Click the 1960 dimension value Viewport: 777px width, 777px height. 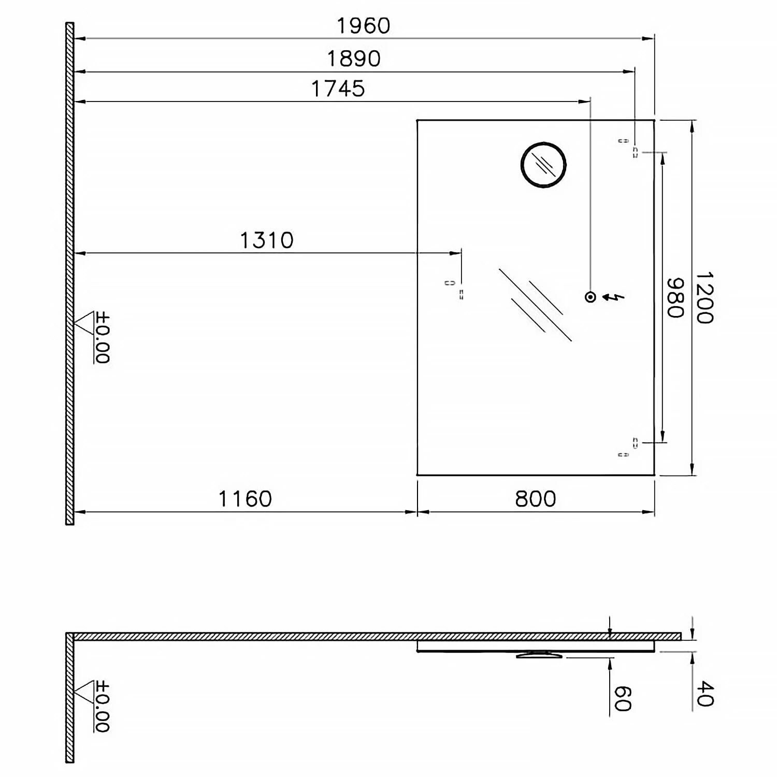[363, 26]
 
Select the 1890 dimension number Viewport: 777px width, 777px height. [354, 59]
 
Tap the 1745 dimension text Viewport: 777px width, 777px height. [338, 89]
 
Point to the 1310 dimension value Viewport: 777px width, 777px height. [267, 240]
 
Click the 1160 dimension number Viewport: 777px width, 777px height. [245, 499]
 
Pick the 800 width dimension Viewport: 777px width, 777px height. [536, 499]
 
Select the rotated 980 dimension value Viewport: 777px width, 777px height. [675, 298]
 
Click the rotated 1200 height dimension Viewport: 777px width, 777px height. [704, 298]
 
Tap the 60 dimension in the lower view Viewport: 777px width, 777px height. [622, 699]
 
